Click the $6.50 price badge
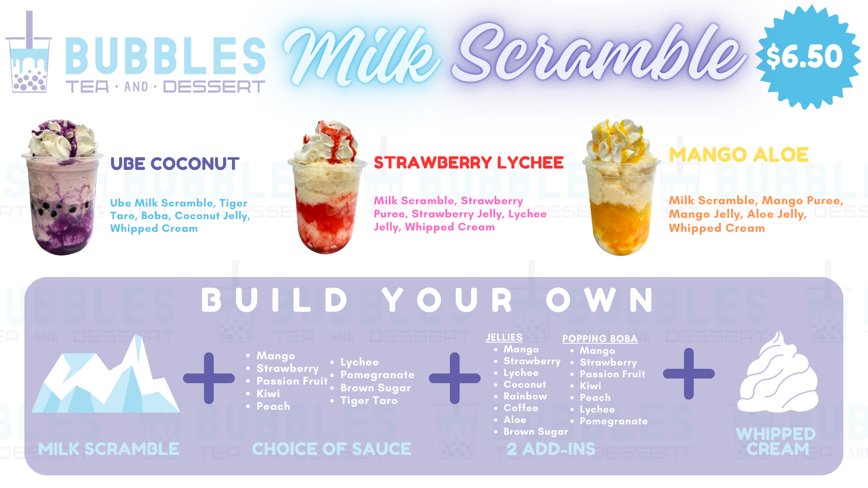point(807,57)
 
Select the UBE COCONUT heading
point(175,164)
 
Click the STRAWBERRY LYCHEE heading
point(468,162)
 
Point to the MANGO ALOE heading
point(738,155)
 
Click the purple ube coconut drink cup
point(62,187)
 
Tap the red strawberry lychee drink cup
point(327,187)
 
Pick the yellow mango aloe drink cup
point(621,187)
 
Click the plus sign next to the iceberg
point(209,378)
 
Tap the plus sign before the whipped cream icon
point(689,374)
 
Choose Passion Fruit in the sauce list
point(292,381)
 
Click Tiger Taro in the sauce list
point(369,400)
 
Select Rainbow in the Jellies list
point(525,396)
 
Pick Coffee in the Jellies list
point(521,408)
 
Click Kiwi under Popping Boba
point(590,386)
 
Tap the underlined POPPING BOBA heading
point(600,339)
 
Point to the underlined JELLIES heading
point(504,338)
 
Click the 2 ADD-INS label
point(551,449)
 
